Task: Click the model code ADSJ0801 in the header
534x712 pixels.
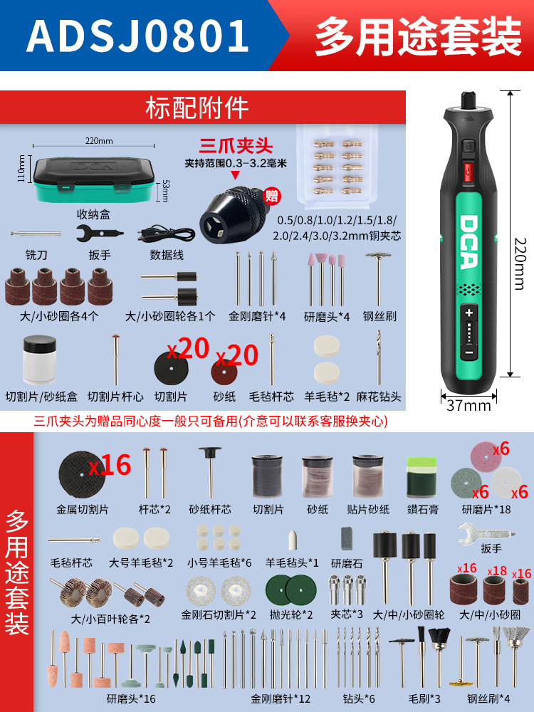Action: [138, 36]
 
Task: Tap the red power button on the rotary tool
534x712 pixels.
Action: [468, 171]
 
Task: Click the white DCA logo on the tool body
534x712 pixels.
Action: [468, 241]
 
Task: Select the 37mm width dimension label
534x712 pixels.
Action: [468, 404]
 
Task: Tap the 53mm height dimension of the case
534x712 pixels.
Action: [165, 191]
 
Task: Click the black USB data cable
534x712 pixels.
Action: [166, 234]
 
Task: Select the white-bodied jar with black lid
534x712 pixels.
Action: [39, 360]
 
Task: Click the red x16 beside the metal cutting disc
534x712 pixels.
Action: [110, 465]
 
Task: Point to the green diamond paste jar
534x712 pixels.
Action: [421, 478]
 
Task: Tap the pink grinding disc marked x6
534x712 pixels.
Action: [486, 457]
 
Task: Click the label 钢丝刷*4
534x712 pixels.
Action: [489, 698]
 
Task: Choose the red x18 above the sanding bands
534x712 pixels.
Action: [497, 571]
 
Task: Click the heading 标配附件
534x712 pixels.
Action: [197, 108]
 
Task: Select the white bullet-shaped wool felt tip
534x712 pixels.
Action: [293, 540]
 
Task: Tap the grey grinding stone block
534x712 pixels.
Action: [347, 539]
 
